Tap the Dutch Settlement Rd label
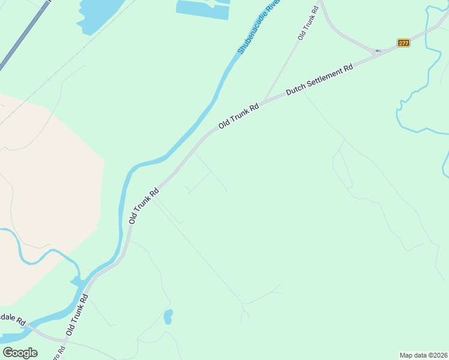319,80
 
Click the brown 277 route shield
403,43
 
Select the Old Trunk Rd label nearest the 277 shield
307,23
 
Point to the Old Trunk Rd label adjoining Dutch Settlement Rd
238,116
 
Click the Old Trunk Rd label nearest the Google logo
78,314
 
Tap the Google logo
20,353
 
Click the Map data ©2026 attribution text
424,355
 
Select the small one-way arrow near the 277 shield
378,51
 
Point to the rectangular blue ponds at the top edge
203,9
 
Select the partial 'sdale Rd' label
12,319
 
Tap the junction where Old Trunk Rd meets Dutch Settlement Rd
265,100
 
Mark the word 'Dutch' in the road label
297,89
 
